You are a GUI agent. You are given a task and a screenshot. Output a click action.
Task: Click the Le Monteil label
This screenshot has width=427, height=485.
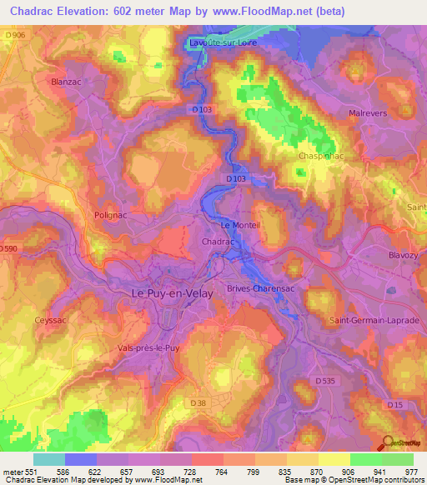240,226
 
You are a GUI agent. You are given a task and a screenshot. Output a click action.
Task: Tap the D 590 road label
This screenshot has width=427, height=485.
8,248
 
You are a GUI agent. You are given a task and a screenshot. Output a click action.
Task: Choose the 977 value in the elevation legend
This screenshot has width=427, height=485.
412,471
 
